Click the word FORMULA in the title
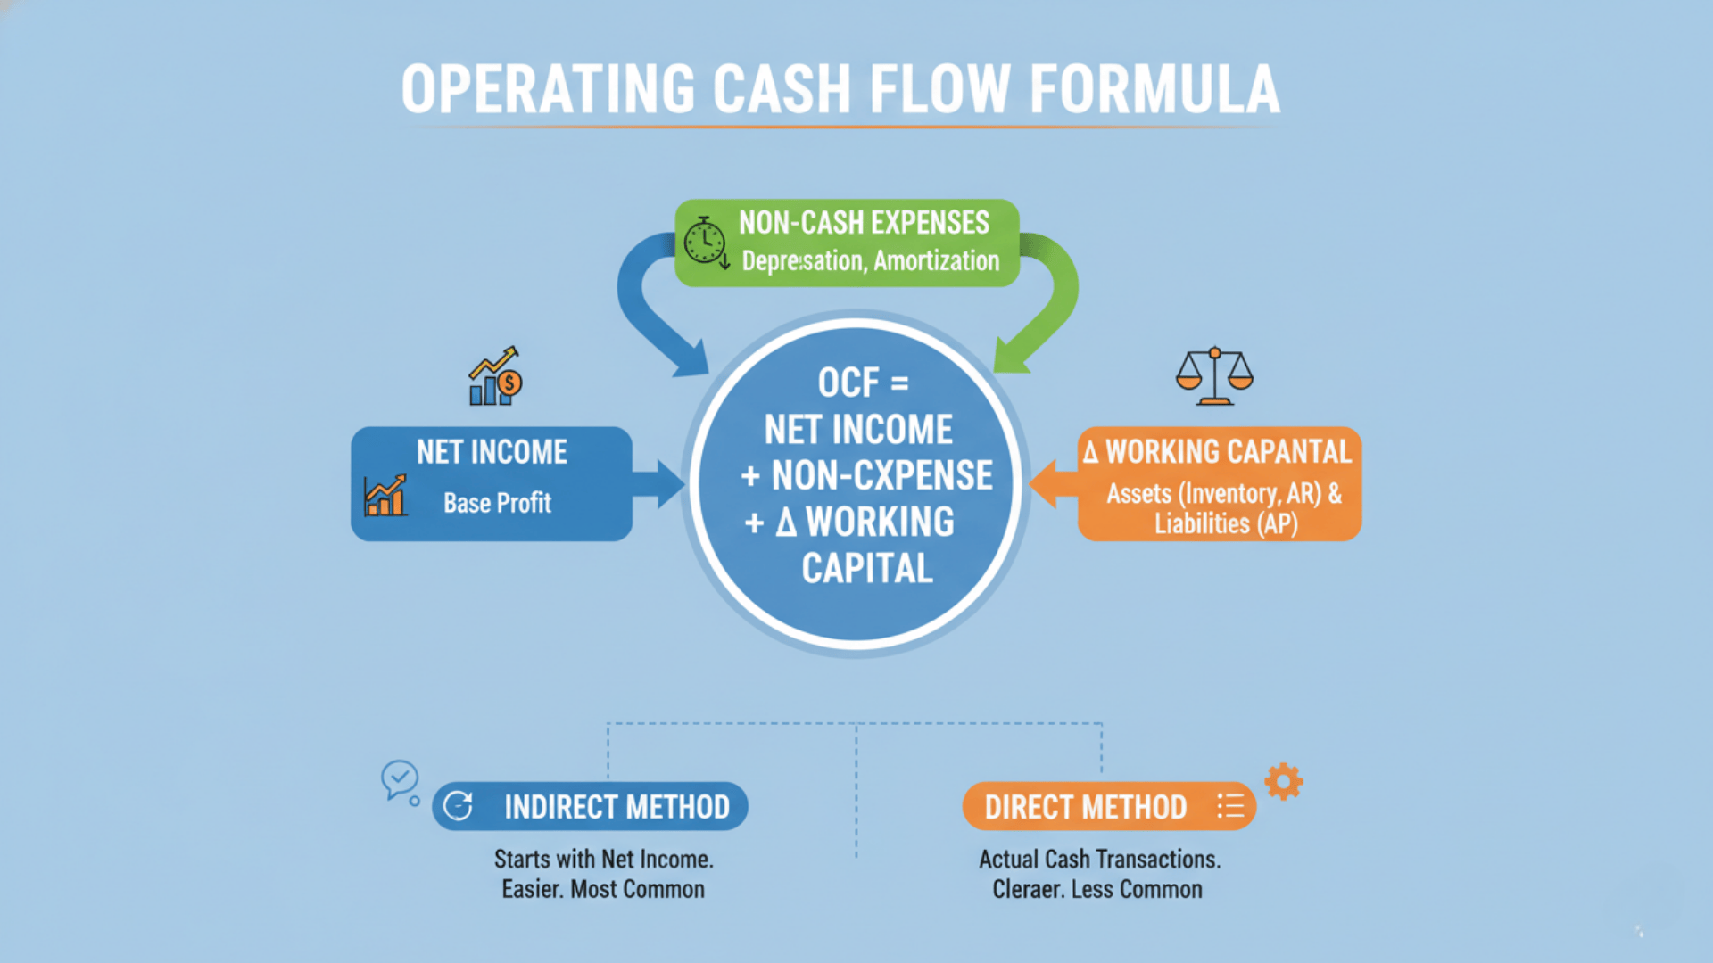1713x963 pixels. click(1154, 89)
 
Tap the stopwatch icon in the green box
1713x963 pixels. click(705, 242)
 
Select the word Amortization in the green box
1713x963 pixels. click(936, 261)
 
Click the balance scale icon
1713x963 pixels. click(1214, 376)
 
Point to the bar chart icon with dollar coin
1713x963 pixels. click(495, 377)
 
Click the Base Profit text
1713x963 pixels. click(497, 503)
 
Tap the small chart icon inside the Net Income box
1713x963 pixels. click(385, 497)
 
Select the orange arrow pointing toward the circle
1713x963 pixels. click(1053, 484)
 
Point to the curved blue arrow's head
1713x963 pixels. click(689, 357)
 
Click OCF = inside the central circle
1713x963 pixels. click(863, 383)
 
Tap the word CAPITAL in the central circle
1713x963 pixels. click(866, 569)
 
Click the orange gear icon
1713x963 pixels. click(1283, 781)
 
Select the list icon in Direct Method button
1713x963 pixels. click(1230, 806)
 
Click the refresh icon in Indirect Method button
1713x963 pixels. click(458, 806)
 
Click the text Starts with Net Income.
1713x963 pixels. click(603, 860)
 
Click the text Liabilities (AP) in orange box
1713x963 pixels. click(1225, 524)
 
